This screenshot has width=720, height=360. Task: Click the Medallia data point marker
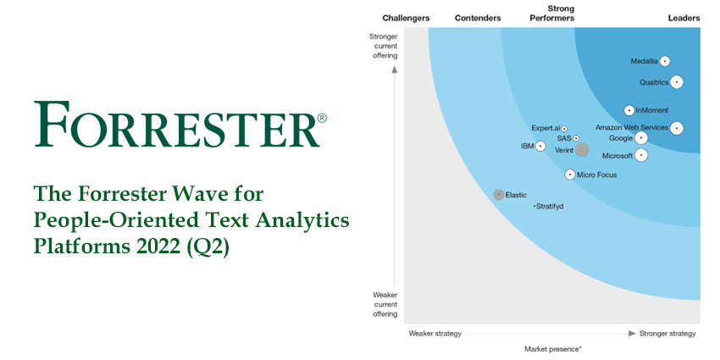[x=665, y=61]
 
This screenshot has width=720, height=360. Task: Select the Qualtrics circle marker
[x=677, y=82]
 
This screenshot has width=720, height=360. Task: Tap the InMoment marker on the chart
[x=629, y=110]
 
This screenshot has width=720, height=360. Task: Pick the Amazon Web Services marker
[x=677, y=128]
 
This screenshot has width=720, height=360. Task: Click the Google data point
[x=641, y=138]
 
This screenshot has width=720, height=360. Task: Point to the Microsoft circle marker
[x=641, y=155]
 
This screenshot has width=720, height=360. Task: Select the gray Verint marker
[x=582, y=150]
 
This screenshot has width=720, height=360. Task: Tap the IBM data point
[x=540, y=147]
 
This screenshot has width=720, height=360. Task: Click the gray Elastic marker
[x=499, y=195]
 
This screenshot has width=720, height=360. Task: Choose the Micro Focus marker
[x=570, y=174]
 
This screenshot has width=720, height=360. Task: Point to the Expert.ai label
[x=546, y=128]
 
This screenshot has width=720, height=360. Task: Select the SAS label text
[x=564, y=138]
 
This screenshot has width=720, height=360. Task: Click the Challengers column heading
[x=406, y=18]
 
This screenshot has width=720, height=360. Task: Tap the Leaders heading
[x=683, y=18]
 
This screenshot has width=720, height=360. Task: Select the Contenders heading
[x=478, y=18]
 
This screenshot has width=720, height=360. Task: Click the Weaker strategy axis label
[x=435, y=334]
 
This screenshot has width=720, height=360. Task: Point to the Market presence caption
[x=552, y=349]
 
